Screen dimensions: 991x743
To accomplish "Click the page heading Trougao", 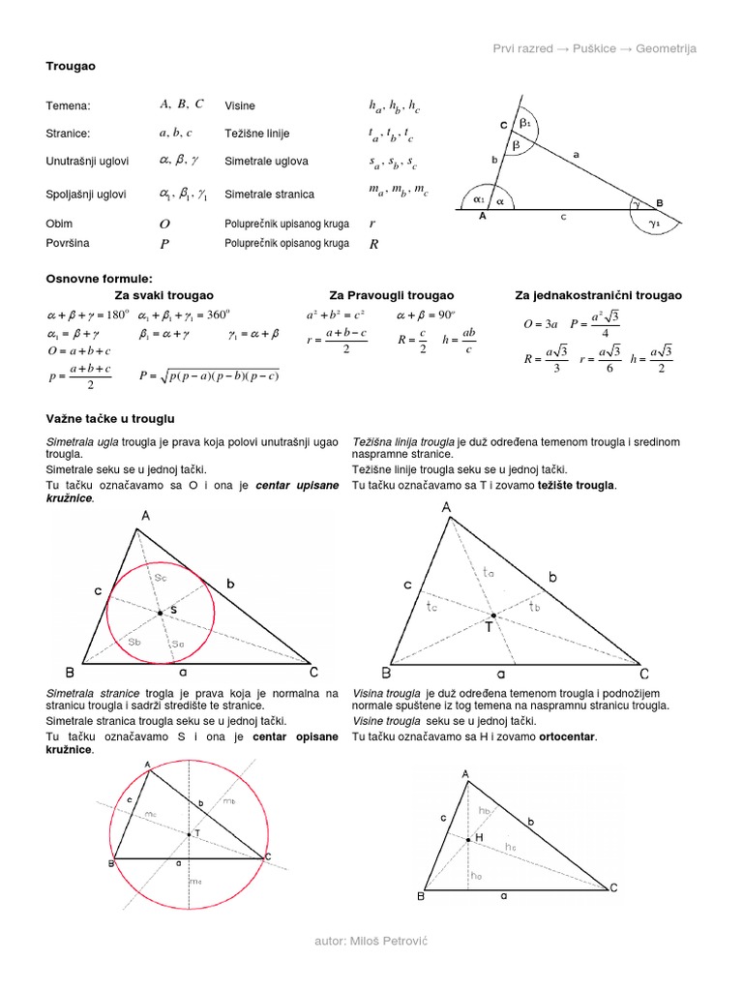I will point(71,65).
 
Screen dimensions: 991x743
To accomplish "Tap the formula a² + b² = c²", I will point(335,315).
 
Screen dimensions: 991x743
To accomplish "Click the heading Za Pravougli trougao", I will point(391,295).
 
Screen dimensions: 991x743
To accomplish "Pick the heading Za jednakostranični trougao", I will point(598,295).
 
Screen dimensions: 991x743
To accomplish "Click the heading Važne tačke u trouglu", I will point(110,418).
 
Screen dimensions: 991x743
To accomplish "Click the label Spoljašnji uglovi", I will point(86,194).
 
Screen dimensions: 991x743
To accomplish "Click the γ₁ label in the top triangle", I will point(655,224).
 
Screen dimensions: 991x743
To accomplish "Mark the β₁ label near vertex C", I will point(525,125).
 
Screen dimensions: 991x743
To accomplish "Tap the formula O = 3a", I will point(541,325).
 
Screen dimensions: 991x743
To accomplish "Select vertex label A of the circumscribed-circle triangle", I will point(148,766).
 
